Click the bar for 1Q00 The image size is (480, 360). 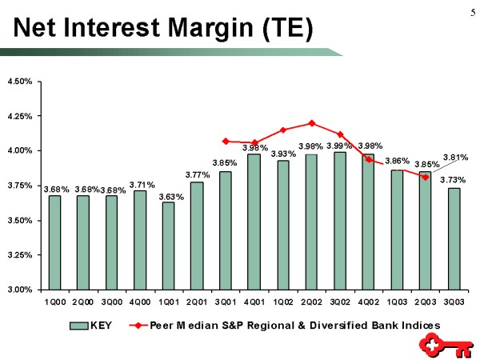point(54,242)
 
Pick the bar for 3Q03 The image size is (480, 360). point(454,238)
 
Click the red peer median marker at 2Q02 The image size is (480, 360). point(311,123)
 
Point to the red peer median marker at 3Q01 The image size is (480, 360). point(226,141)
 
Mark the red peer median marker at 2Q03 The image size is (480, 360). point(426,177)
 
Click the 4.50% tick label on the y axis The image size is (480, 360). point(19,82)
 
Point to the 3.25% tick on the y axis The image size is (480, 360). point(19,254)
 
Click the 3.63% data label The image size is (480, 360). point(171,196)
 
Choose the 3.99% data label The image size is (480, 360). point(339,146)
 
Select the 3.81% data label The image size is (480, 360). point(455,158)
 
